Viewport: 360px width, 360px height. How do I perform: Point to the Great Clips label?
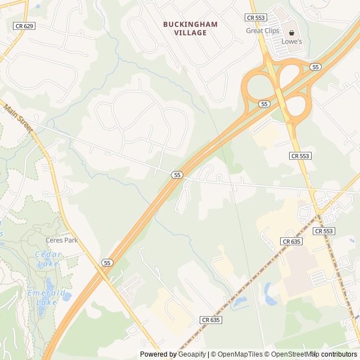pos(263,31)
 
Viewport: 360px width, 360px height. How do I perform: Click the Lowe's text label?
pos(292,42)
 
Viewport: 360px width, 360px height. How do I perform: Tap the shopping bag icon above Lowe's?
pos(291,33)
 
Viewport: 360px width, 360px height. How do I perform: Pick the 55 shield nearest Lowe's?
pos(315,67)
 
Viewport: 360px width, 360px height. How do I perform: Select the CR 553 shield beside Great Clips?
pos(256,18)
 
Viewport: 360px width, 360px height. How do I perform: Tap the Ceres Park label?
pos(61,240)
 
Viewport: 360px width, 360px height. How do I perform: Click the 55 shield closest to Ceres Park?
pos(107,263)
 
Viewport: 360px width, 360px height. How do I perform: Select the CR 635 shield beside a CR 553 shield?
pos(292,241)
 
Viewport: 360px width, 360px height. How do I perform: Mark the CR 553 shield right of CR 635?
pos(324,231)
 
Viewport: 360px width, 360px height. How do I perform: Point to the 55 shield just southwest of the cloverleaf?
pos(264,104)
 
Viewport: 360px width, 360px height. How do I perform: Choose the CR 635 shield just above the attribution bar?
pos(210,320)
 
